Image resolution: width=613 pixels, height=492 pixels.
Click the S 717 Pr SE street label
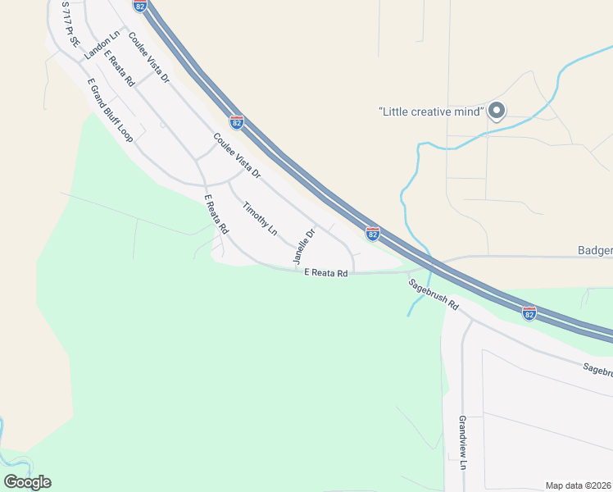[68, 28]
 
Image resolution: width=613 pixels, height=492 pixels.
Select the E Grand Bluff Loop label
[109, 112]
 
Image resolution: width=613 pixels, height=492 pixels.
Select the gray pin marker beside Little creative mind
[496, 111]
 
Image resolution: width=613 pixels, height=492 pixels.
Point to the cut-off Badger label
[594, 250]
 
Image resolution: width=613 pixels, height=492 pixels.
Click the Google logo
[28, 482]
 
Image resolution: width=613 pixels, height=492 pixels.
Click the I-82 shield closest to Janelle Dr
[372, 235]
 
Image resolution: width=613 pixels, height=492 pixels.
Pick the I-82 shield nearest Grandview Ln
[529, 313]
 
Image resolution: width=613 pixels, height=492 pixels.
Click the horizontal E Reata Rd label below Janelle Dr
[326, 273]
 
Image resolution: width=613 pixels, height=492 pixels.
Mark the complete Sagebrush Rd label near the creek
[434, 294]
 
